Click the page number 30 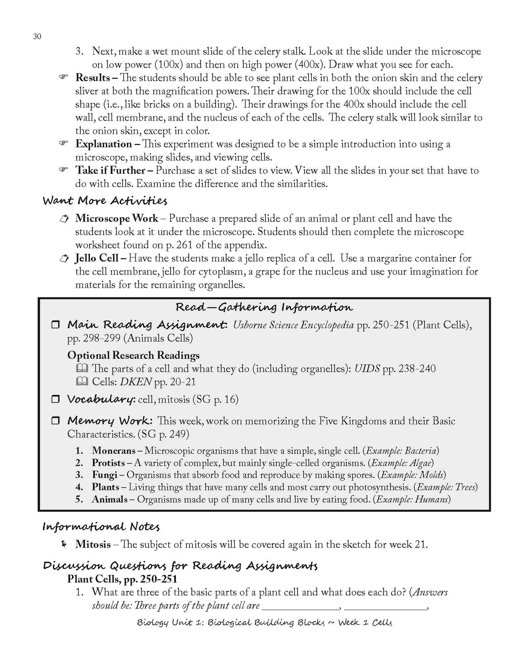(x=37, y=37)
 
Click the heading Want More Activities (x=105, y=201)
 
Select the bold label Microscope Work (x=116, y=218)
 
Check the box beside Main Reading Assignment (x=56, y=325)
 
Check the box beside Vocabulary (x=56, y=399)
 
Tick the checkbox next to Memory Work (x=56, y=421)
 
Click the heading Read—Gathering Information (x=264, y=307)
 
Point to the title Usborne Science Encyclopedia (x=293, y=325)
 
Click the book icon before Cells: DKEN (x=82, y=382)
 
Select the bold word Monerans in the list (x=113, y=451)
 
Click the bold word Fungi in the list (x=104, y=475)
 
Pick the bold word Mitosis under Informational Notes (x=93, y=545)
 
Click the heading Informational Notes (x=101, y=527)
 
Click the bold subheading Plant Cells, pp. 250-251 (x=122, y=579)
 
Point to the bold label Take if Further (x=110, y=170)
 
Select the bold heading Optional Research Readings (x=133, y=355)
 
